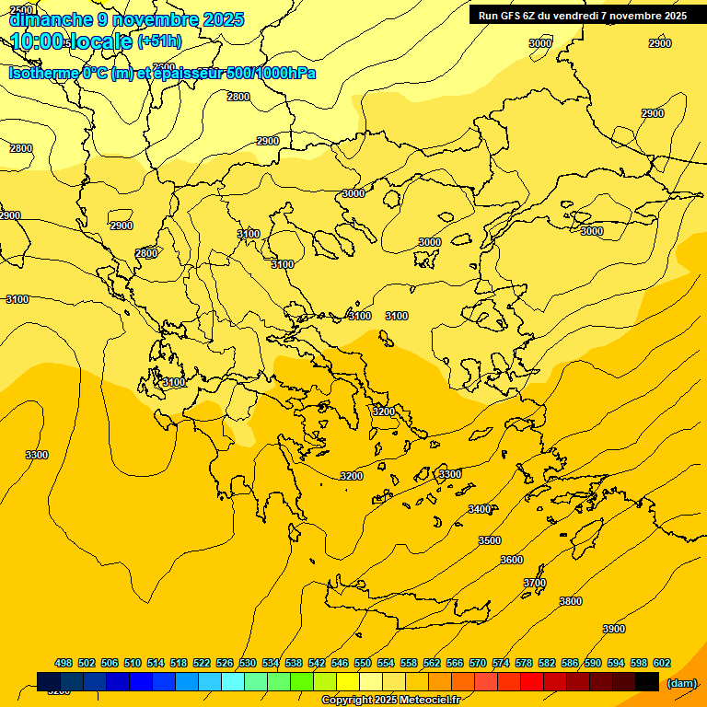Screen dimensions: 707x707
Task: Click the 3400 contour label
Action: [x=480, y=509]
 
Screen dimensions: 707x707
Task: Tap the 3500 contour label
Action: [x=490, y=540]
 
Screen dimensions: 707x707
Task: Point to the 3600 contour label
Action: [x=512, y=561]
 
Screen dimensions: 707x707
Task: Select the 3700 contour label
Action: [x=535, y=583]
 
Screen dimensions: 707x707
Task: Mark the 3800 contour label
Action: [x=571, y=601]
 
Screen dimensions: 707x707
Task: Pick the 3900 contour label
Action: [x=614, y=629]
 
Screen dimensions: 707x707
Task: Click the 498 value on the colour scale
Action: [x=64, y=663]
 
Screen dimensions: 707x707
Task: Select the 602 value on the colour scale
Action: [x=662, y=663]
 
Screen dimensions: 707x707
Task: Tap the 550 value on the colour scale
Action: [x=363, y=663]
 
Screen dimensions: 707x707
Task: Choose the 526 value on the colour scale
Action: [x=225, y=663]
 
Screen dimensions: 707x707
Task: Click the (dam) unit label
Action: [x=681, y=682]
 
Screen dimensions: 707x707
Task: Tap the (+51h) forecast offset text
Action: [x=159, y=41]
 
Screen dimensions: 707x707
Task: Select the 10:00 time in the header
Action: [x=38, y=41]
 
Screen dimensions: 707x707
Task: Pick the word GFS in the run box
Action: [x=509, y=16]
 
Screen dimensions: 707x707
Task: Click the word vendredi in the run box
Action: [x=587, y=16]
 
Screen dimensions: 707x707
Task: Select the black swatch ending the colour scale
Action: [x=647, y=681]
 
